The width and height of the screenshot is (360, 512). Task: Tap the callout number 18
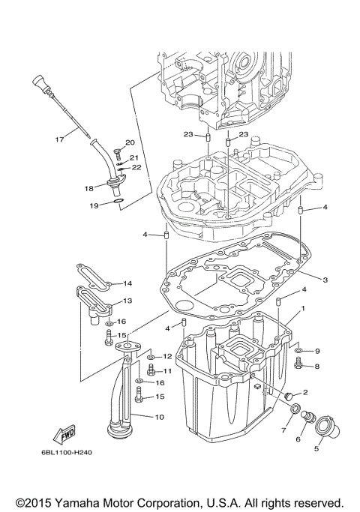pyautogui.click(x=89, y=188)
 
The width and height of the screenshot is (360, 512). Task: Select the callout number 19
pyautogui.click(x=94, y=205)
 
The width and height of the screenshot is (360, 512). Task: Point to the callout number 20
pyautogui.click(x=130, y=142)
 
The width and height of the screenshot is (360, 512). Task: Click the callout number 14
pyautogui.click(x=127, y=283)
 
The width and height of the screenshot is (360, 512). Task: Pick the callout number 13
pyautogui.click(x=127, y=301)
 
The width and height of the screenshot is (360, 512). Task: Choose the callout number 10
pyautogui.click(x=159, y=417)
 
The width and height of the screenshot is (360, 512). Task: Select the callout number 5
pyautogui.click(x=316, y=450)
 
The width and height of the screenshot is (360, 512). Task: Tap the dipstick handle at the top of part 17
pyautogui.click(x=39, y=82)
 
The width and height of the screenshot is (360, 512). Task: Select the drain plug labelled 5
pyautogui.click(x=328, y=428)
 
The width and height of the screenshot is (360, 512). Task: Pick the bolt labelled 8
pyautogui.click(x=298, y=364)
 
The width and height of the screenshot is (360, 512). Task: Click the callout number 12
pyautogui.click(x=167, y=357)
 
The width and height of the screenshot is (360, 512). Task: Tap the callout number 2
pyautogui.click(x=304, y=392)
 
